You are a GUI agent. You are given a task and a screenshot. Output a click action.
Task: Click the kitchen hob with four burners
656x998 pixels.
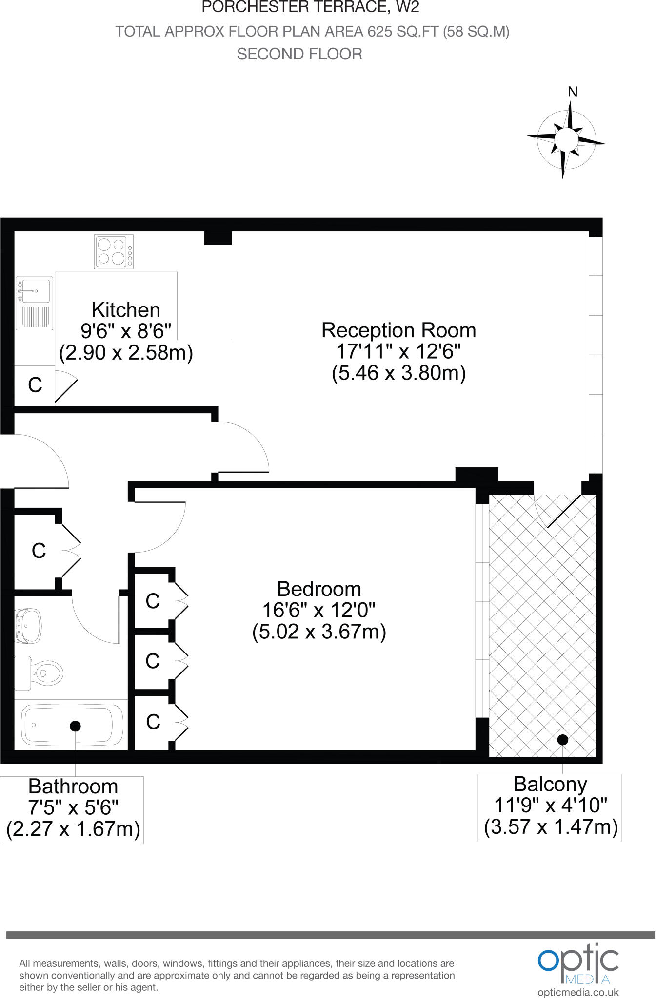click(114, 251)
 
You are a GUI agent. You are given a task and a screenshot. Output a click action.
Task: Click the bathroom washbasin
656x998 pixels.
click(28, 624)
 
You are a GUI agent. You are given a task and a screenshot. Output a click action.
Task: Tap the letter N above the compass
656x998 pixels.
click(573, 92)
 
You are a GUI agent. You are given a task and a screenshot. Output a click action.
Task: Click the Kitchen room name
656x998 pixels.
click(126, 310)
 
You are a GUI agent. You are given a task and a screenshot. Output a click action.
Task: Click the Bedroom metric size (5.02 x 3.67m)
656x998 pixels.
click(319, 632)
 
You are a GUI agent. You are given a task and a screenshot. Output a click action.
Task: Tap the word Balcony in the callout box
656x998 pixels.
click(550, 784)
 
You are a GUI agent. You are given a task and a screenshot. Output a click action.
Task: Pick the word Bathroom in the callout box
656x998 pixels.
click(73, 787)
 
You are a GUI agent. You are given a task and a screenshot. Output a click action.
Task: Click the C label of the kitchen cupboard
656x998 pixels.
click(35, 385)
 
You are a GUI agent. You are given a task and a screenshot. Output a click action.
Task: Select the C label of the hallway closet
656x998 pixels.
click(39, 551)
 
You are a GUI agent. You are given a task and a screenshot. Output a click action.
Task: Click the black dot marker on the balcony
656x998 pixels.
click(563, 740)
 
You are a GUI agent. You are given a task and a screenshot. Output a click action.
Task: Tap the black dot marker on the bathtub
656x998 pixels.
click(75, 726)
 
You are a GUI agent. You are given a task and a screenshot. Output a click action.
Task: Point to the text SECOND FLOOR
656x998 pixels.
click(299, 54)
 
